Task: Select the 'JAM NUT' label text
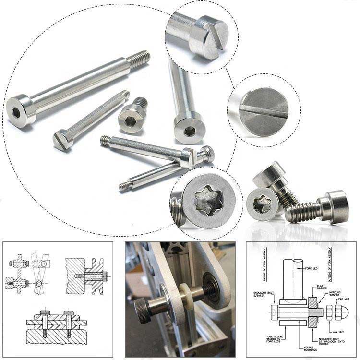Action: (337, 332)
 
